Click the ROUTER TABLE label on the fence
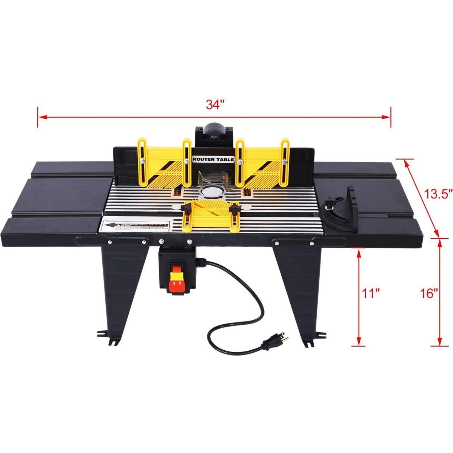pyautogui.click(x=213, y=160)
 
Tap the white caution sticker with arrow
pyautogui.click(x=134, y=226)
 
